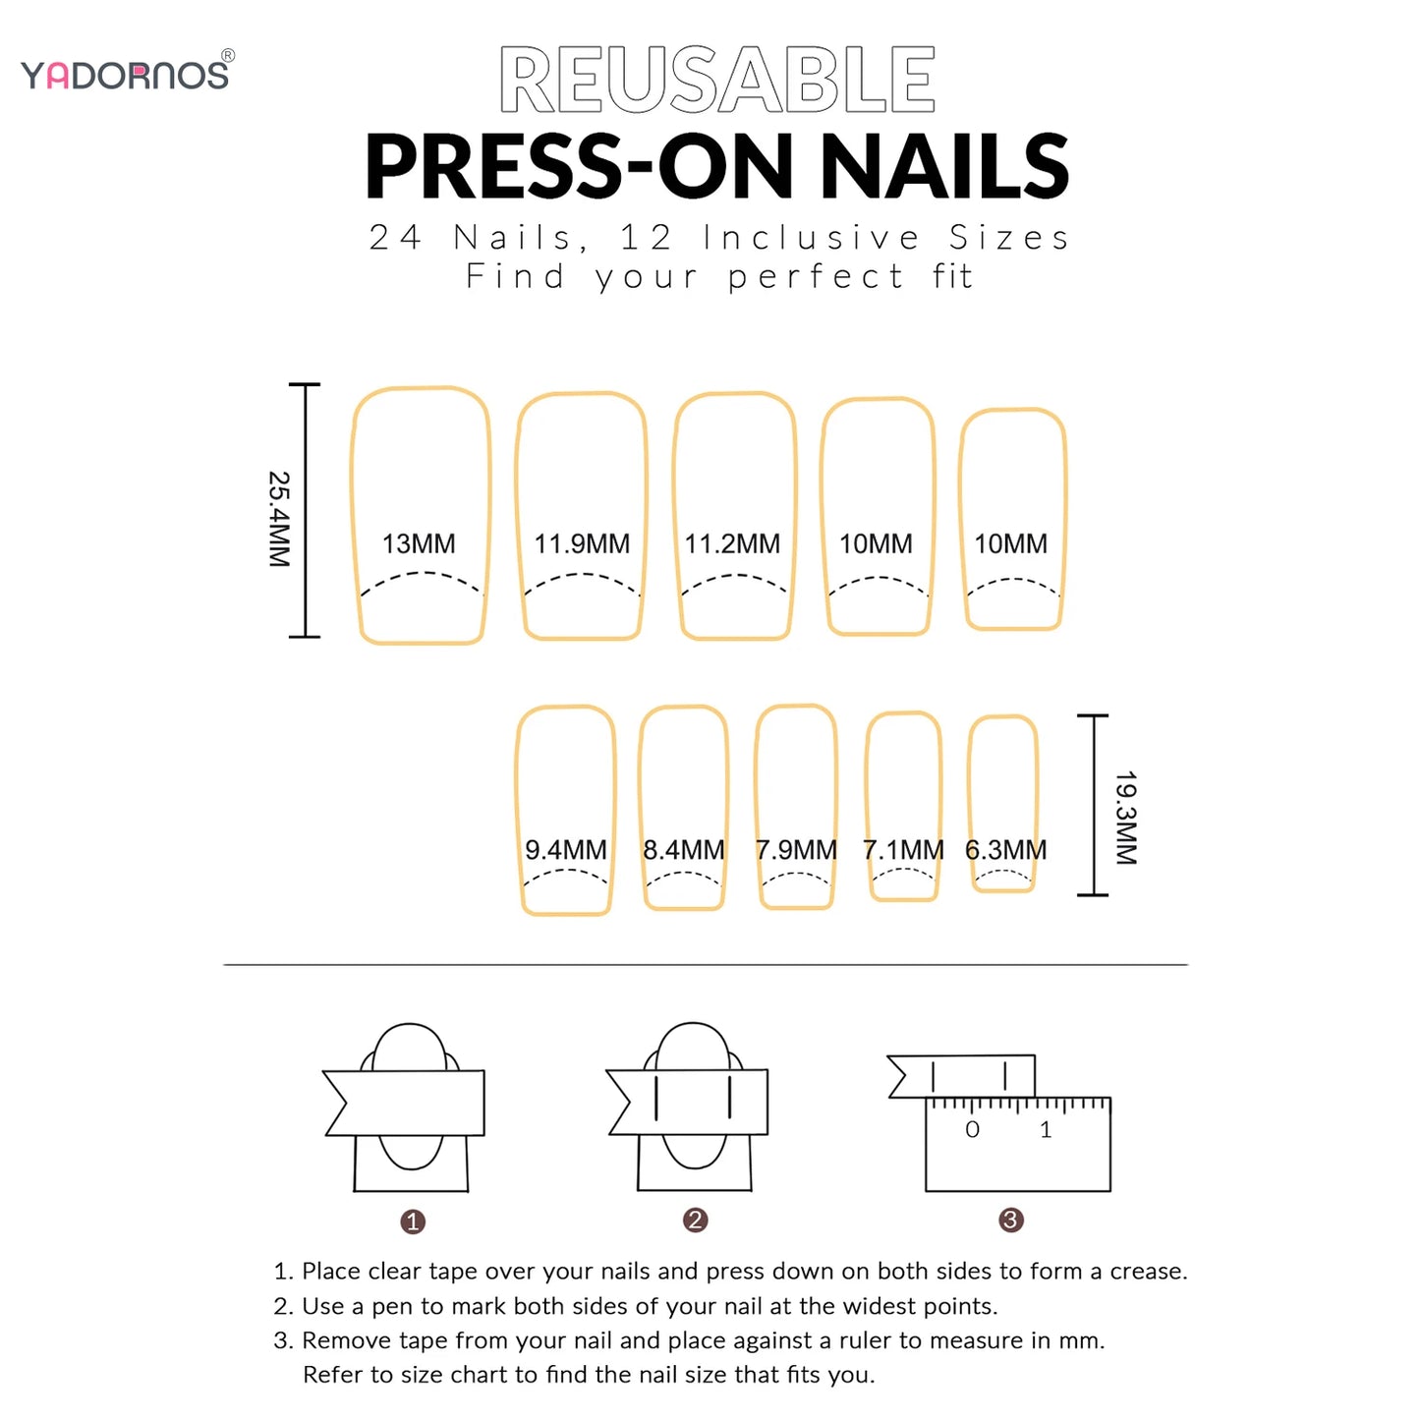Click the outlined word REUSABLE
(x=717, y=80)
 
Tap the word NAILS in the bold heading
(x=944, y=166)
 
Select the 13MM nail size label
(x=419, y=543)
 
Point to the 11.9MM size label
(x=582, y=543)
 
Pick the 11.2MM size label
(x=732, y=543)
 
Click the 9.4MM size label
(x=565, y=850)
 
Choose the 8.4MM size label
(x=683, y=850)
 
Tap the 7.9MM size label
(x=796, y=850)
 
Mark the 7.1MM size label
(x=903, y=850)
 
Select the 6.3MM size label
(x=1005, y=850)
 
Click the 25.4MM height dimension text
(x=279, y=519)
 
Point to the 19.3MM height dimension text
(x=1126, y=818)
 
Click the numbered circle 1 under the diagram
(x=413, y=1221)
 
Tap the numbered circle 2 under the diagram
(x=695, y=1220)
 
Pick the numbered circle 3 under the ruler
(x=1010, y=1220)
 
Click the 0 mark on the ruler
(x=972, y=1129)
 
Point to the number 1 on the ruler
(x=1046, y=1129)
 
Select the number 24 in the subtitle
(x=395, y=237)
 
